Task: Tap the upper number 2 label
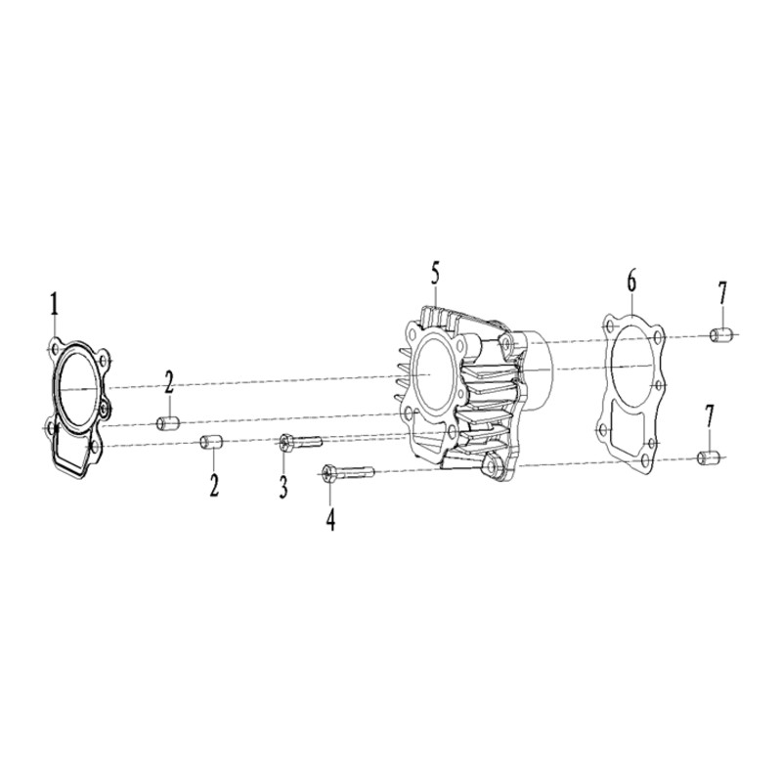coord(169,382)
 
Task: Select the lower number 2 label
coord(214,483)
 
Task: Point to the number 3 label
coord(283,487)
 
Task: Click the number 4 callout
coord(330,518)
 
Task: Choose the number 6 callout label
coord(631,282)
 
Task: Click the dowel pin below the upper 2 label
coord(167,424)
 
